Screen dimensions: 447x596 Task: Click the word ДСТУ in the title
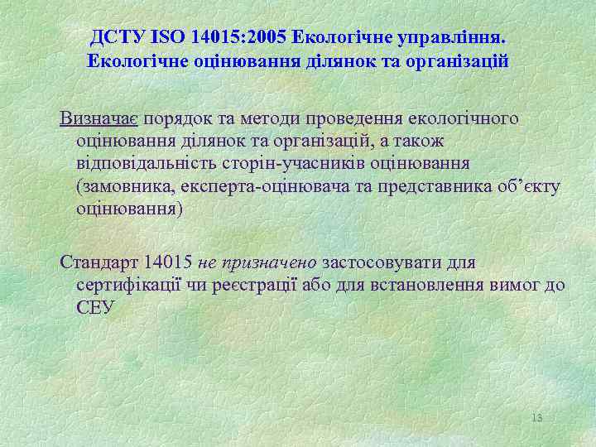pos(117,38)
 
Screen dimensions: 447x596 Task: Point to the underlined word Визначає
pos(91,118)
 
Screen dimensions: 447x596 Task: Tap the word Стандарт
pos(99,263)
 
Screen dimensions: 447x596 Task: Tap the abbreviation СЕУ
pos(96,308)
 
